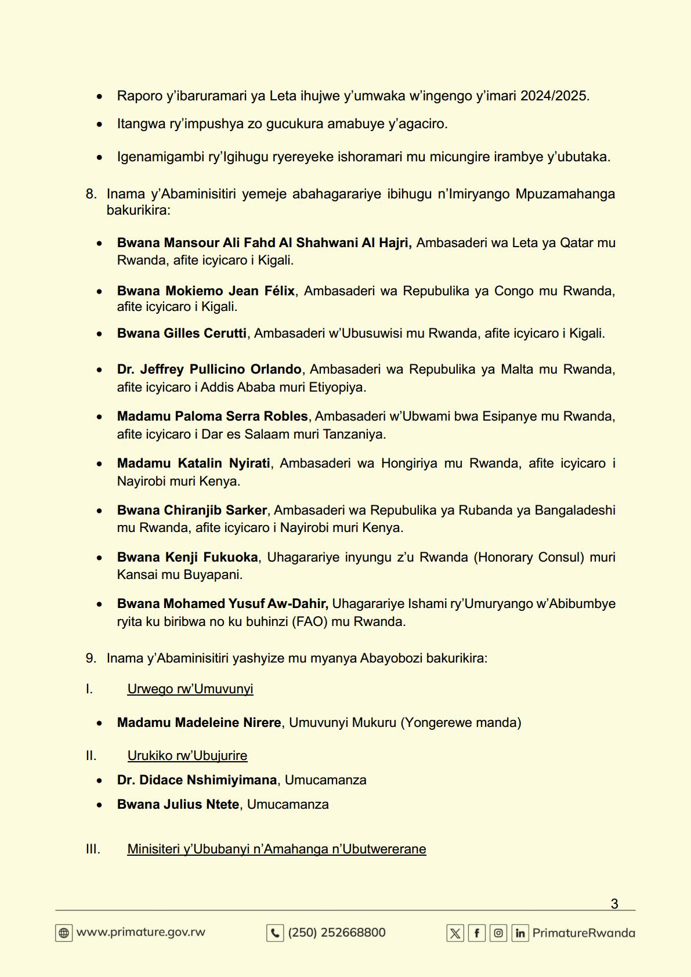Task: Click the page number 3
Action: click(614, 903)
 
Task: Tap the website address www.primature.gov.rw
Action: click(141, 932)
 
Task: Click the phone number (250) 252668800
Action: click(337, 932)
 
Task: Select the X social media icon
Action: click(455, 933)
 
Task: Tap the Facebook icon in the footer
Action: click(476, 933)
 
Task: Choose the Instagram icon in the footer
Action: click(498, 933)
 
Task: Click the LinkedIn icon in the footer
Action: click(520, 933)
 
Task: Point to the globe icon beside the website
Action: click(64, 933)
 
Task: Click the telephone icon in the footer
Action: click(275, 933)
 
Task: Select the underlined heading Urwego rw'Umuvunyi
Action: click(190, 689)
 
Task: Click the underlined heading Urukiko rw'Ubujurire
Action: click(187, 755)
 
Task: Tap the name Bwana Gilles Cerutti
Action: click(182, 333)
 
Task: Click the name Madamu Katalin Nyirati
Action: click(193, 463)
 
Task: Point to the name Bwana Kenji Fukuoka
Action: click(187, 557)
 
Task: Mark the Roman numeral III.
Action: click(93, 849)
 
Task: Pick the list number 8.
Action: click(91, 194)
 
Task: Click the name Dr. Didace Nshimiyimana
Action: click(197, 780)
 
